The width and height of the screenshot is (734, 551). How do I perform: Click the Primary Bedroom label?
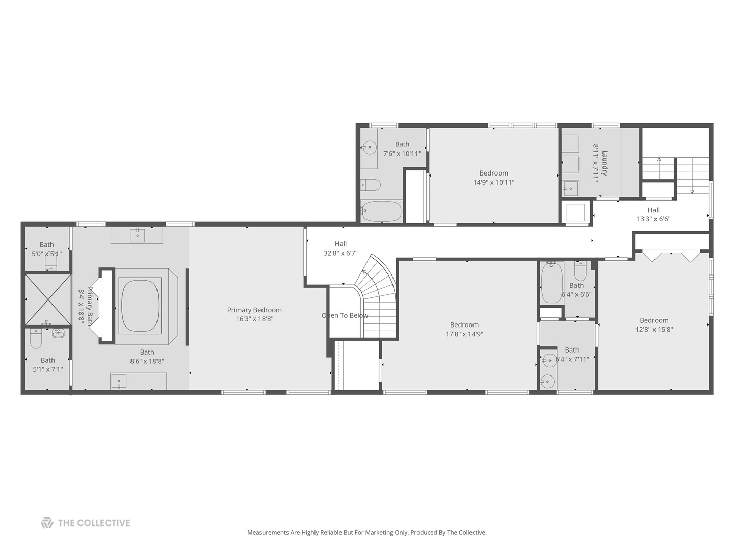coord(254,310)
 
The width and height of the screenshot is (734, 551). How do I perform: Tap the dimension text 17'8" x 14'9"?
coord(464,334)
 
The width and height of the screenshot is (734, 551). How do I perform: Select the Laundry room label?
coord(605,162)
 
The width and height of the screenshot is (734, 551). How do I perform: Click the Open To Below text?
coord(345,315)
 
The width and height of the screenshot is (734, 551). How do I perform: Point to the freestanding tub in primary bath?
coord(140,305)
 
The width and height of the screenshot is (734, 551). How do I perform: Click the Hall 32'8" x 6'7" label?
coord(340,248)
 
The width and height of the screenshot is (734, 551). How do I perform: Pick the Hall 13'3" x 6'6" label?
coord(653,214)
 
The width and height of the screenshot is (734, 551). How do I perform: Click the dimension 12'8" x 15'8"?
coord(654,330)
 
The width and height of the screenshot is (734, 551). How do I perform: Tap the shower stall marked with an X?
coord(47,299)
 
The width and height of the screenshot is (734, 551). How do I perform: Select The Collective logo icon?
coord(47,522)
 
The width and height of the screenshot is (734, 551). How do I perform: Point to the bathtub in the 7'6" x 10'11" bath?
coord(381,211)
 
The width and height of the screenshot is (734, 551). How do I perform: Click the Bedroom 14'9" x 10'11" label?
coord(493,178)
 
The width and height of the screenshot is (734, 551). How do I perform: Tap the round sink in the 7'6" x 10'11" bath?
coord(369,148)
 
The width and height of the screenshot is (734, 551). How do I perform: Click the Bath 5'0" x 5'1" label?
coord(46,249)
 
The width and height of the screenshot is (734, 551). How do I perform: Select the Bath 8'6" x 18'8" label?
coord(147,356)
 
